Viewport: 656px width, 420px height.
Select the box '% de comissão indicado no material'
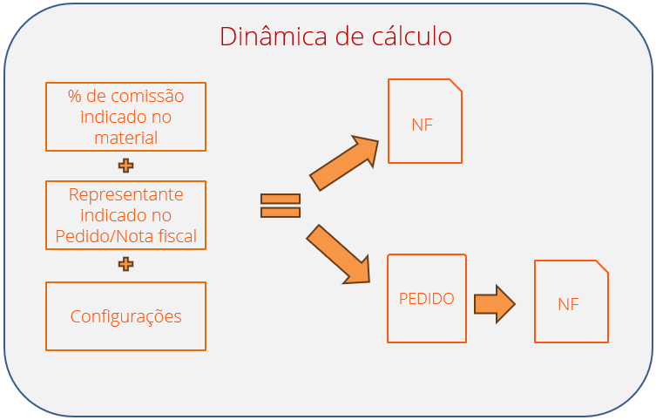coord(125,117)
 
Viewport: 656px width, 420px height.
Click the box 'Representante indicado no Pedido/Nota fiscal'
coord(125,215)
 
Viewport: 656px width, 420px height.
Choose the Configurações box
coord(125,316)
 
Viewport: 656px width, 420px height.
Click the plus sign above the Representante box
coord(125,166)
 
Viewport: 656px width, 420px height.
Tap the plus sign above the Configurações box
coord(125,264)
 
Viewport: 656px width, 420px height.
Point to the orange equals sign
coord(281,206)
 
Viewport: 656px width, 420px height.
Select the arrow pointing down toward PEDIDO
coord(340,254)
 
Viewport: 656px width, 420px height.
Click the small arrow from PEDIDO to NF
coord(494,304)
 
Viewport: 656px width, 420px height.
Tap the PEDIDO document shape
coord(427,298)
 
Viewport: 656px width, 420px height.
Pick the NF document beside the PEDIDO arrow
coord(571,301)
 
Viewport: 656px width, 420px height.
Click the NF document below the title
coord(424,121)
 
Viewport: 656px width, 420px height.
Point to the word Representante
coord(125,194)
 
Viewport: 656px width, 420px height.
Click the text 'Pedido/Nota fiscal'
coord(125,235)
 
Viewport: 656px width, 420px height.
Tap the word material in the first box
coord(125,138)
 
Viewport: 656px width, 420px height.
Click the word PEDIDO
coord(427,298)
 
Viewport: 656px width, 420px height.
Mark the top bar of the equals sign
coord(281,199)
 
